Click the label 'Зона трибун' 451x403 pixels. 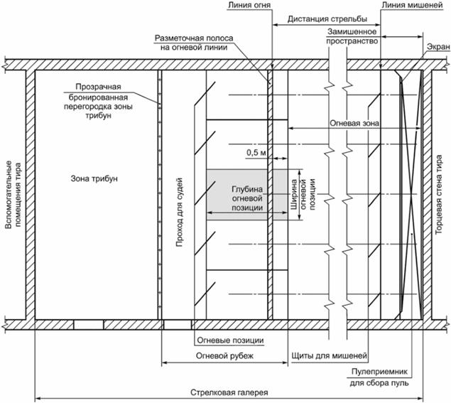94,178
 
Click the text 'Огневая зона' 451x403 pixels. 354,122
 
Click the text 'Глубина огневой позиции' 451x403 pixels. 247,198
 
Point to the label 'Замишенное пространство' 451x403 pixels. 353,38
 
